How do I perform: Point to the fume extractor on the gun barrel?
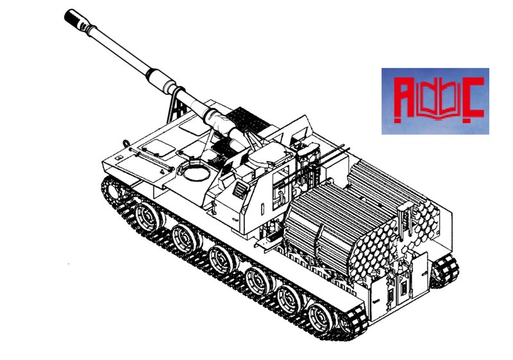161,80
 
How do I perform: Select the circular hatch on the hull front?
196,173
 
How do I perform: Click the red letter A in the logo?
404,97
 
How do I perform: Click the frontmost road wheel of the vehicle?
148,216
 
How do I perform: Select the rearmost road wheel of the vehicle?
321,318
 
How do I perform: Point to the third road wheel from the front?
222,259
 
